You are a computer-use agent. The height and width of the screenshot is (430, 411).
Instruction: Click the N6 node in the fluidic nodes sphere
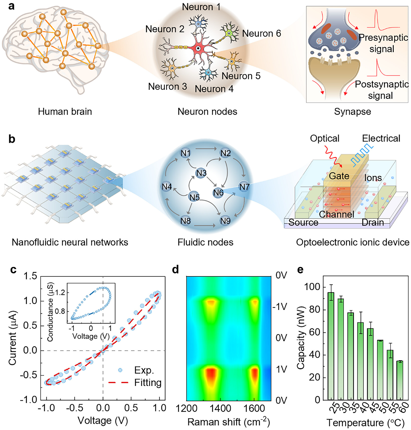[x=218, y=192]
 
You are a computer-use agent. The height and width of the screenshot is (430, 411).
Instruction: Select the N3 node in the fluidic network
[x=201, y=173]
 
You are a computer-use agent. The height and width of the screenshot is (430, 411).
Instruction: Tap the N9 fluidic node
[x=225, y=221]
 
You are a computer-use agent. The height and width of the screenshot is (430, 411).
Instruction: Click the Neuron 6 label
[x=261, y=33]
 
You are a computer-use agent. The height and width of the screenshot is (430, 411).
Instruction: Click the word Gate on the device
[x=339, y=176]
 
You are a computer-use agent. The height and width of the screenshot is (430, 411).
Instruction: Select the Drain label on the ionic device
[x=373, y=222]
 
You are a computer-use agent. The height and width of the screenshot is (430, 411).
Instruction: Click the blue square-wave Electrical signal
[x=362, y=156]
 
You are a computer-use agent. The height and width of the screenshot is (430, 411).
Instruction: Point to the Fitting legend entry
[x=135, y=383]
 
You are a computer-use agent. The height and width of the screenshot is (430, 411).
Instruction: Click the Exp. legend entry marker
[x=120, y=370]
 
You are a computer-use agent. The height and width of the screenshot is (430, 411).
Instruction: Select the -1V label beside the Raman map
[x=280, y=306]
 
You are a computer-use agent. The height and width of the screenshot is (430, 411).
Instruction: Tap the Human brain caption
[x=65, y=112]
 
